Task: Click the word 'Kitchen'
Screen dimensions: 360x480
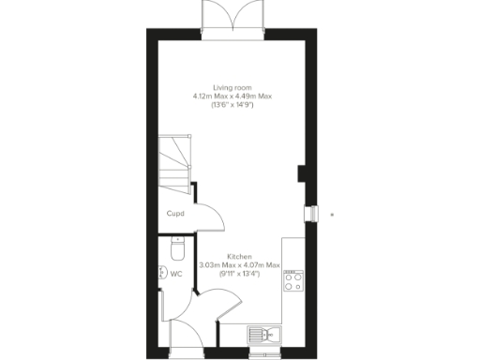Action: point(239,256)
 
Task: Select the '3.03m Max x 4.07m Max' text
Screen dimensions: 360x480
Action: point(240,265)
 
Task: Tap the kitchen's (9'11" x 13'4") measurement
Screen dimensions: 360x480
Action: point(239,275)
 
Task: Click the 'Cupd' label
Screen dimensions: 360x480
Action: point(175,214)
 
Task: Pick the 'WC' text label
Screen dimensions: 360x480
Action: point(175,275)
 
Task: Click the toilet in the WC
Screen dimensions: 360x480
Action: point(176,252)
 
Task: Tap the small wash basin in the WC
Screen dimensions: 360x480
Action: point(161,274)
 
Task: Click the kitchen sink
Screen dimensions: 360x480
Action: point(262,334)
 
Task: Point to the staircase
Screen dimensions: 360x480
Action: point(173,159)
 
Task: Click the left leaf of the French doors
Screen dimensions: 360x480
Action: point(215,16)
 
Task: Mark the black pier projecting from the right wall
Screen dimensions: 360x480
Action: point(299,174)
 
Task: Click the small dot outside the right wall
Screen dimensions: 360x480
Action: point(333,214)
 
